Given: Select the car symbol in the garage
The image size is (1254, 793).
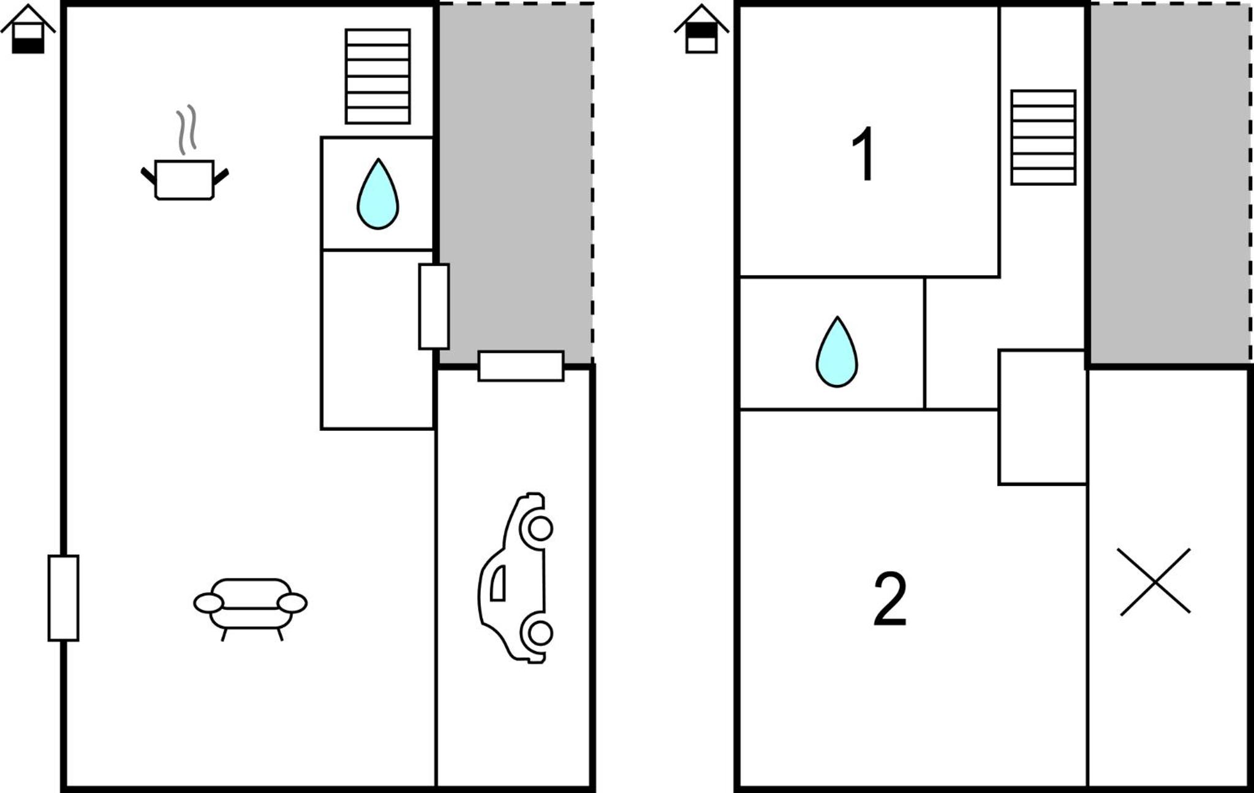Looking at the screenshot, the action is [x=516, y=578].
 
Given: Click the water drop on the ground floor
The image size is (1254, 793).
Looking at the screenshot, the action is [x=378, y=194].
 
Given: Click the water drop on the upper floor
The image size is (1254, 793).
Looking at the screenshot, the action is [x=837, y=352].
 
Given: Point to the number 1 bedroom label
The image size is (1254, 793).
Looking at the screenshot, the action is [x=864, y=154].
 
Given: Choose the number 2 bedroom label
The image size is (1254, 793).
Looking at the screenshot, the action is [x=890, y=599].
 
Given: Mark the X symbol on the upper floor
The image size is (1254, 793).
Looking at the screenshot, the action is [x=1154, y=582].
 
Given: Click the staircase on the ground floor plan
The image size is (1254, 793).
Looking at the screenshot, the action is [x=377, y=76].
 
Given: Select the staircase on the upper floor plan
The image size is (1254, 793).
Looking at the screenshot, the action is [x=1043, y=137].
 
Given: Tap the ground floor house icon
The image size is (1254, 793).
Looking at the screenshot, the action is [x=28, y=29].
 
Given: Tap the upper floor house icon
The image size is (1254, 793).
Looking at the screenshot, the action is [x=701, y=29].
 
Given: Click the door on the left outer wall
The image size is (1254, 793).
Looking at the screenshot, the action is [x=64, y=598].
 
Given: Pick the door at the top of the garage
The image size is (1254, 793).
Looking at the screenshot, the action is [x=521, y=366].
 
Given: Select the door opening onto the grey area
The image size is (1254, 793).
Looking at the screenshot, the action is [x=434, y=306].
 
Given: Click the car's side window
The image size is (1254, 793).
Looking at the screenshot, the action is [x=498, y=583].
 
